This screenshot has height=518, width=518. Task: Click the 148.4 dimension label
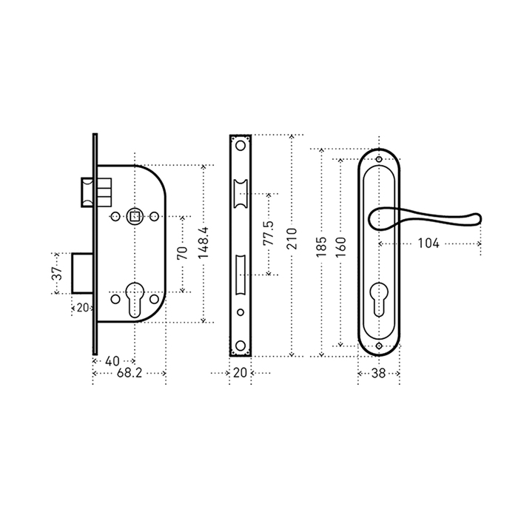coord(203,243)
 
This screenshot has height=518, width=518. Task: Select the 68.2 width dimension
coord(129,373)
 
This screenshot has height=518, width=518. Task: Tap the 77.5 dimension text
coord(268,233)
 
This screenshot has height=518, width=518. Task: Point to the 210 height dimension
coord(292,238)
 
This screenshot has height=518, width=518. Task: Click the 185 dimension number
coord(321,246)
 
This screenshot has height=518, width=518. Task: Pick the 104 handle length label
coord(428,243)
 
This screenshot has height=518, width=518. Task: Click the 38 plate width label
coord(379,373)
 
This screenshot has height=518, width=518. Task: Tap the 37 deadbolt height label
coord(57,273)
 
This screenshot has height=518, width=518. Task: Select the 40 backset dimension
coord(112,361)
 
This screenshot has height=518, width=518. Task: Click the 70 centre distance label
coord(182,253)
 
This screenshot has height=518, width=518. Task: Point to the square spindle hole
coord(135,217)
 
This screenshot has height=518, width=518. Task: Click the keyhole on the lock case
coord(135,299)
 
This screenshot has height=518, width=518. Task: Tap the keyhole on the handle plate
coord(379,299)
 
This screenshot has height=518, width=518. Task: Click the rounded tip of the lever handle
coord(477,219)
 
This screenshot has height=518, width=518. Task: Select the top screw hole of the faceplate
coord(240,145)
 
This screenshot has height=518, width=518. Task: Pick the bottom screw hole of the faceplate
coord(240,346)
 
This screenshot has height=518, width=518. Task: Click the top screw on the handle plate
coord(379,160)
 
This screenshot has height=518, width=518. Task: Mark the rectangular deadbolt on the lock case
coord(83,273)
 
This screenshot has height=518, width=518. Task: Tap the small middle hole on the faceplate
coord(240,312)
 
